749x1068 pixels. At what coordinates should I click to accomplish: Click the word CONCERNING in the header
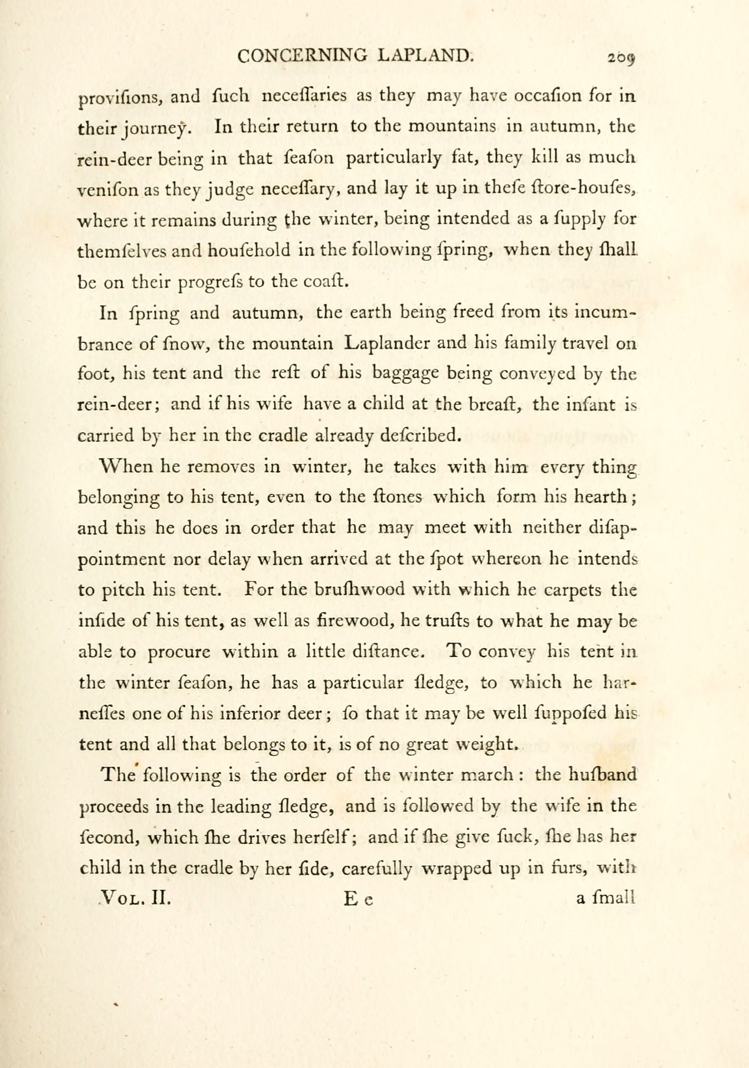coord(302,56)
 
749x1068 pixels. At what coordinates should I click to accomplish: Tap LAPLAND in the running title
coord(425,56)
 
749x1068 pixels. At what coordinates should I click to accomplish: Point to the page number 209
coord(621,59)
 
